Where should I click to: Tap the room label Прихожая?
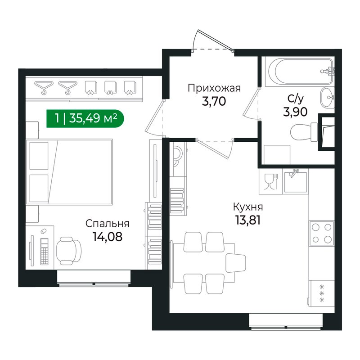pos(214,88)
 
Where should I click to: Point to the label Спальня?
pos(108,224)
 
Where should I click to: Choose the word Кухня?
pos(247,207)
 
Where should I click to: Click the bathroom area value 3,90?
pos(296,112)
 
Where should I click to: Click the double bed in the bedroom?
pos(70,171)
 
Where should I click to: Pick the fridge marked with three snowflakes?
pos(322,293)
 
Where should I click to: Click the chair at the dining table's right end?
pos(236,262)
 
